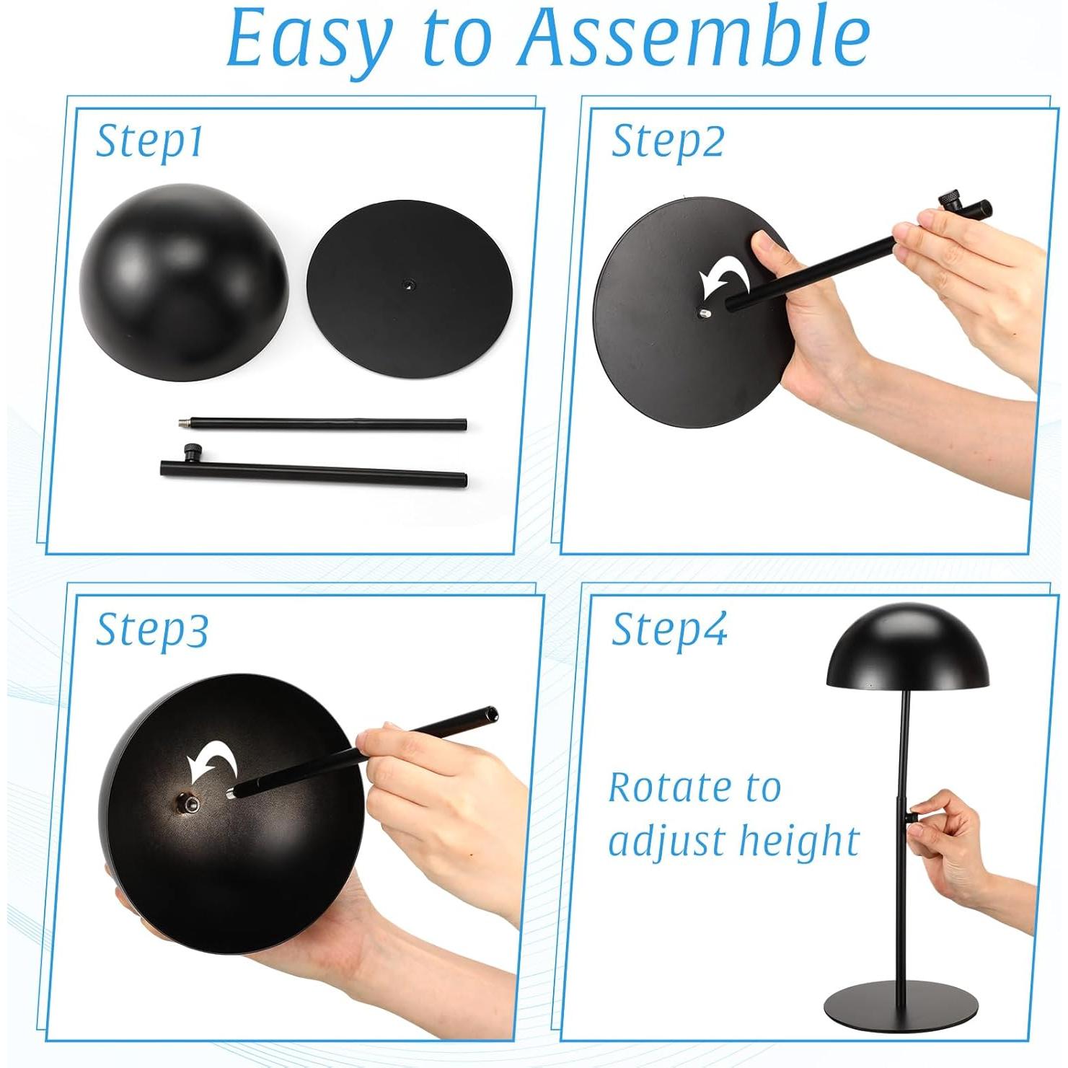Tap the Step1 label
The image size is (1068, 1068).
tap(149, 141)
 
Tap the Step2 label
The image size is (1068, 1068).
tap(667, 141)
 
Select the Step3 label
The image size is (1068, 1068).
tap(151, 629)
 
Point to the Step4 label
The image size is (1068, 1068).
tap(668, 629)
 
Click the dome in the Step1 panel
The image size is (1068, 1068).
tap(184, 281)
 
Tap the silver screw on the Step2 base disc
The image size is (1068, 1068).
tap(704, 313)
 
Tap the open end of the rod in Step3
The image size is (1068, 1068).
tap(491, 713)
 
